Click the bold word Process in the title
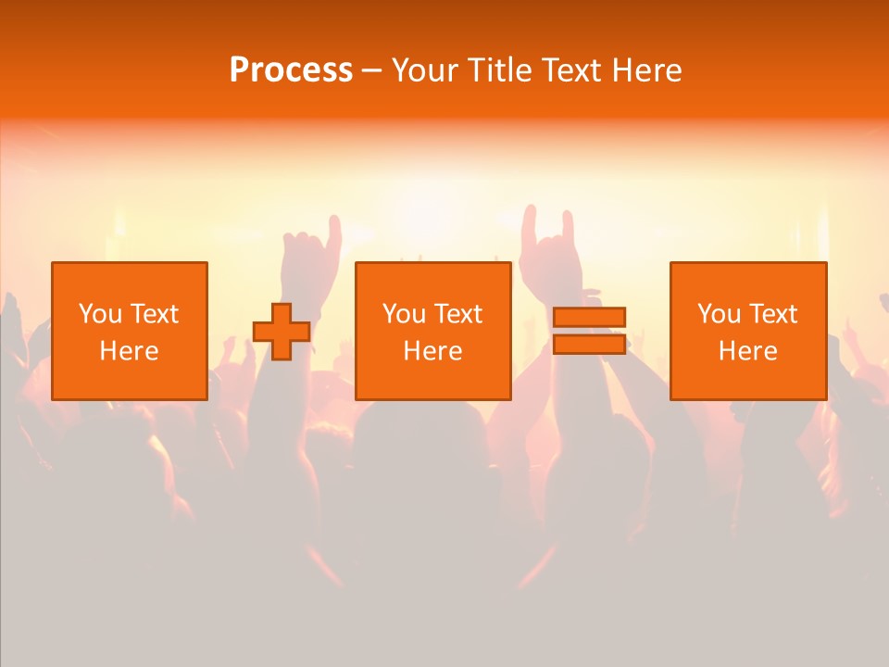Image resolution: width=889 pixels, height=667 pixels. coord(291,70)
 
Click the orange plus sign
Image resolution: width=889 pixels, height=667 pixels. coord(282,332)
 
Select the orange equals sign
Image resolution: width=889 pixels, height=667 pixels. coord(589,331)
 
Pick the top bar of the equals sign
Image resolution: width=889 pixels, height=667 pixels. coord(589,318)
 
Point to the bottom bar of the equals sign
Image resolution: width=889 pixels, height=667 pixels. coord(589,344)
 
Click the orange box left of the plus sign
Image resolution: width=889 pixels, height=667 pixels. coord(130,331)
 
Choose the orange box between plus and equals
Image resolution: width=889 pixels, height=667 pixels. coord(433,331)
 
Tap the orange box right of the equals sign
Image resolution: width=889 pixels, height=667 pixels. coord(748,331)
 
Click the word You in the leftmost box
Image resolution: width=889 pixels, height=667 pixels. coord(99,314)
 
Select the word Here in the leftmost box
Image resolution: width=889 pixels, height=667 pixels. coord(130,351)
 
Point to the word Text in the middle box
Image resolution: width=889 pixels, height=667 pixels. coord(458,314)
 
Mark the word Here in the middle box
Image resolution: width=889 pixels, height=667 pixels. coord(433,351)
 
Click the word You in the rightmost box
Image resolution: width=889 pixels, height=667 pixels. coord(718,314)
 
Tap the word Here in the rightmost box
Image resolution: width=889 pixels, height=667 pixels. coord(748,351)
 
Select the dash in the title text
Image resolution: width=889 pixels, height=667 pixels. coord(371,70)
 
